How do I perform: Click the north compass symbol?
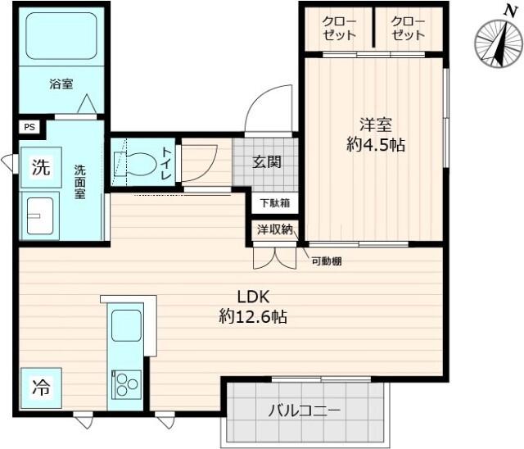pos(496,42)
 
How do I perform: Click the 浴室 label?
pos(61,83)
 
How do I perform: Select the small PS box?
pos(29,127)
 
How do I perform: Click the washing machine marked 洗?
pos(39,168)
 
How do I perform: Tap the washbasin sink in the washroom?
pos(40,216)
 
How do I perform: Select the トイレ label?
pos(167,158)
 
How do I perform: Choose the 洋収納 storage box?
pos(275,230)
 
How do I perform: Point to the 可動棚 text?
pos(325,261)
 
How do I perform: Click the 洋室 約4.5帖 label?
pos(376,135)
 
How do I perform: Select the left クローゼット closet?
pos(337,28)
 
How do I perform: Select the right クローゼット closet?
pos(407,28)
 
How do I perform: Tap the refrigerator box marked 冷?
pos(39,388)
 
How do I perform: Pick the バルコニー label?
pos(303,410)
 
